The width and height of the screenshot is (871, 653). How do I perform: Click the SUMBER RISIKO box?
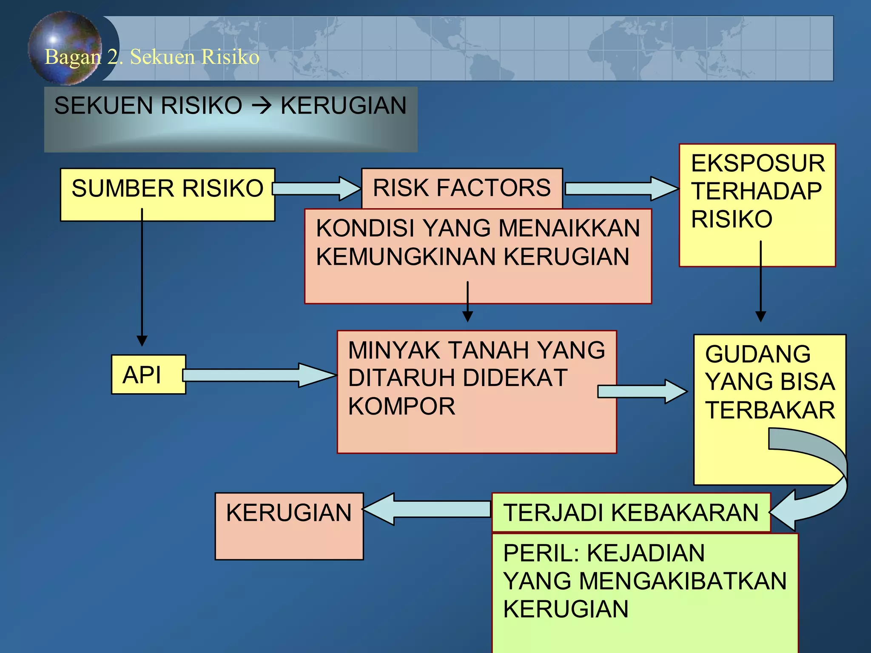167,194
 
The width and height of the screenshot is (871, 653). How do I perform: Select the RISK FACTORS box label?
461,188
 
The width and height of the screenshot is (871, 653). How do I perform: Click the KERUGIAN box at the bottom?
289,526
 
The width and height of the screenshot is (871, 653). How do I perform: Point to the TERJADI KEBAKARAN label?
631,512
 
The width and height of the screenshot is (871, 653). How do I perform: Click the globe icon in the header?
64,47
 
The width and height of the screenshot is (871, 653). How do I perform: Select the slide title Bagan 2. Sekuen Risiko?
152,57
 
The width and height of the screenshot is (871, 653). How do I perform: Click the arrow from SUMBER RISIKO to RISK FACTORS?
317,188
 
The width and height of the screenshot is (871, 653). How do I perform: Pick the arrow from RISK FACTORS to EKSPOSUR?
621,188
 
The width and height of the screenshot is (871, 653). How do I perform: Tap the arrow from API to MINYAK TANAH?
259,375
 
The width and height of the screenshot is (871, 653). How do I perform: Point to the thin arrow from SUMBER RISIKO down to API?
142,276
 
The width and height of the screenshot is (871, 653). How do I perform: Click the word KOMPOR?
401,406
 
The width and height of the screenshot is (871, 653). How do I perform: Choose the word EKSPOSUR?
758,163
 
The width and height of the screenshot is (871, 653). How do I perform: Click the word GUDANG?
758,354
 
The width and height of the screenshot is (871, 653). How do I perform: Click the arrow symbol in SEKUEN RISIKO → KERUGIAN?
261,105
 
